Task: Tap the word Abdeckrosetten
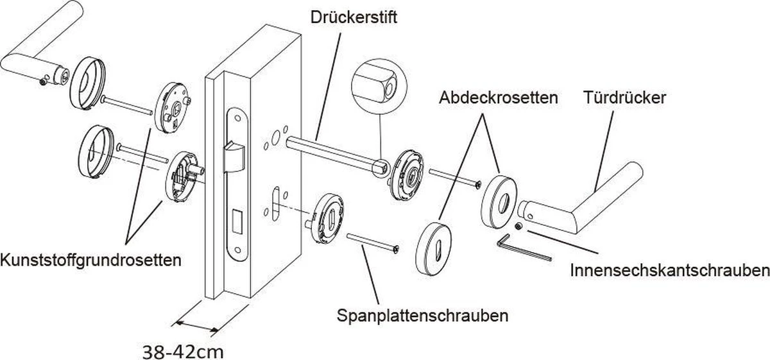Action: coord(499,98)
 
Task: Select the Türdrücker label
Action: coord(625,98)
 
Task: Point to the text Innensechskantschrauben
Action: coord(669,271)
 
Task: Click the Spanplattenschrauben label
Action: coord(423,316)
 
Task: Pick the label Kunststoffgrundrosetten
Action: coord(90,261)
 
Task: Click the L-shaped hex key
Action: coord(523,248)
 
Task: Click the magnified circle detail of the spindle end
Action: coord(379,83)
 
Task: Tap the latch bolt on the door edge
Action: coord(235,154)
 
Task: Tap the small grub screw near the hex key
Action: coord(518,226)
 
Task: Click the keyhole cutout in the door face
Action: coord(276,196)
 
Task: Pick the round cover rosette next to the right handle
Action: coord(499,198)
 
